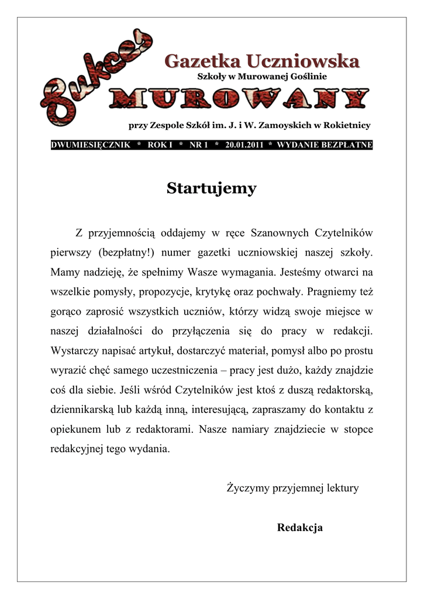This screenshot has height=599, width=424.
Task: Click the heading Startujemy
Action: point(211,189)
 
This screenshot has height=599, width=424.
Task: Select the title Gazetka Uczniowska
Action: point(261,61)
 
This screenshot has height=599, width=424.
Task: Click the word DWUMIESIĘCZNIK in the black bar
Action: point(91,145)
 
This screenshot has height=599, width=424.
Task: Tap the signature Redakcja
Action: point(299,528)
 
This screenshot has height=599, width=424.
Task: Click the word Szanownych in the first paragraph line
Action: point(279,233)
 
